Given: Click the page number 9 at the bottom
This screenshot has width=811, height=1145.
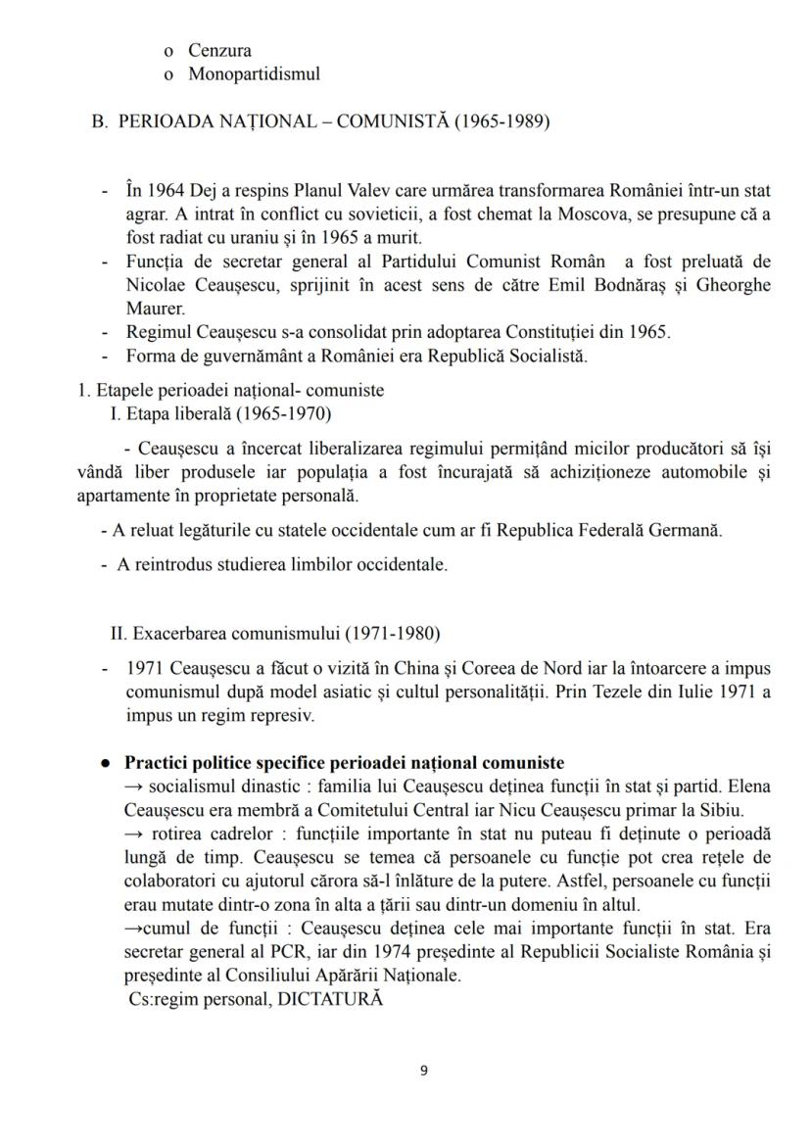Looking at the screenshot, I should (x=423, y=1071).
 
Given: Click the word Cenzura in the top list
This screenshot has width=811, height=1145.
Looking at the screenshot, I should (x=219, y=50).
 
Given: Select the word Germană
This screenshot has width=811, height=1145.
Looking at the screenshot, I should (x=689, y=531).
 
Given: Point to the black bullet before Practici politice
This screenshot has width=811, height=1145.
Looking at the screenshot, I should (x=104, y=763).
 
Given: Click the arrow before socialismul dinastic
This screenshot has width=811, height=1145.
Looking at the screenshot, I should (x=135, y=787).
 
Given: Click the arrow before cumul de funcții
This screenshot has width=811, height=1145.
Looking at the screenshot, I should (x=134, y=928).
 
